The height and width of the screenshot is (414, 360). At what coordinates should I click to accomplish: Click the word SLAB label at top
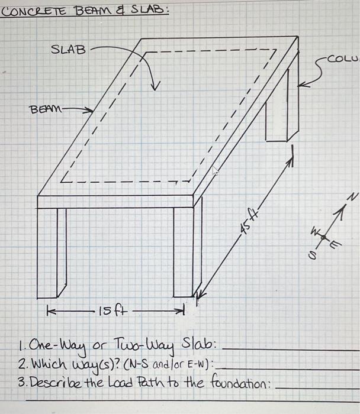69,50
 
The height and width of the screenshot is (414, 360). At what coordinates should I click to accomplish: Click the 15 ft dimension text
110,309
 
